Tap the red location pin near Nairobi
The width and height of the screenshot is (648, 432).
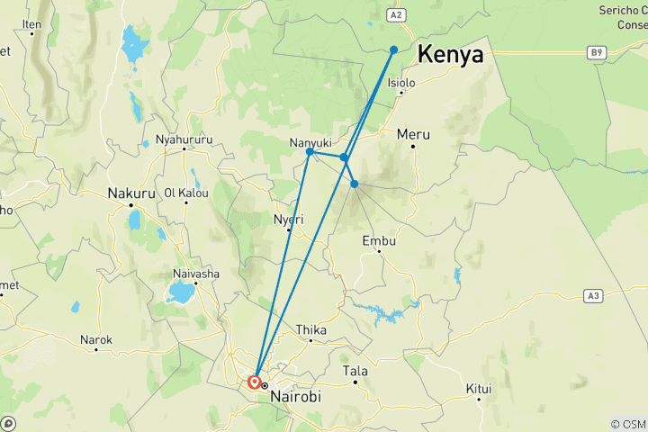[x=255, y=382]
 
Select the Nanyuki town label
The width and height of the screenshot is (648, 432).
[x=310, y=142]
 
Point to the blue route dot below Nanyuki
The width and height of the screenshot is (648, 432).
[x=310, y=152]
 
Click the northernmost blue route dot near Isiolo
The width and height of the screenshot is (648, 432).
[x=394, y=49]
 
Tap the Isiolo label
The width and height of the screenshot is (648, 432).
[x=401, y=83]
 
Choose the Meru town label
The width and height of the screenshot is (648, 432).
[x=413, y=134]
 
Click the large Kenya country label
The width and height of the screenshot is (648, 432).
[x=450, y=54]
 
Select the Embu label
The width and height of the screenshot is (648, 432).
[x=378, y=240]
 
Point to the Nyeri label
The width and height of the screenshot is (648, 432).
[x=288, y=219]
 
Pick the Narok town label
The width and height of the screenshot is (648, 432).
[x=96, y=339]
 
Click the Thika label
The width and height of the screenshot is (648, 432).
[x=311, y=330]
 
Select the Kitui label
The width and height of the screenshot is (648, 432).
[x=479, y=389]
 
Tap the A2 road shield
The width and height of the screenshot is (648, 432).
[x=395, y=15]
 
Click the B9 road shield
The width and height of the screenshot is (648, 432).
[x=596, y=53]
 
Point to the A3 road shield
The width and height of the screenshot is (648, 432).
[x=591, y=294]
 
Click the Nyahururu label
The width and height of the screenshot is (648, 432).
[x=184, y=139]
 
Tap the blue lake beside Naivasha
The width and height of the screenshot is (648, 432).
[x=183, y=292]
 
